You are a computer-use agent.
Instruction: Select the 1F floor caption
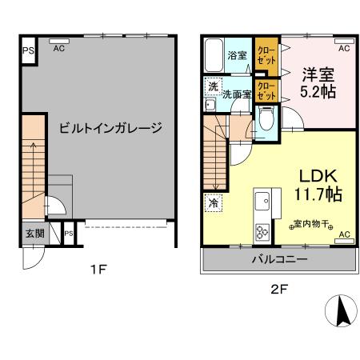click(x=97, y=270)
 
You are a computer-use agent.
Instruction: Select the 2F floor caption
click(x=278, y=289)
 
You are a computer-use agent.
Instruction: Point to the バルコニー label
click(x=277, y=260)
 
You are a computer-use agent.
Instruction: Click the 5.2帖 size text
click(x=318, y=92)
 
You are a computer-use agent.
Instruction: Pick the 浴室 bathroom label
click(x=237, y=56)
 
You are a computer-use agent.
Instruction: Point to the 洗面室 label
click(x=237, y=94)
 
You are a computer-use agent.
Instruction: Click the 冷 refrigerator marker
click(x=214, y=202)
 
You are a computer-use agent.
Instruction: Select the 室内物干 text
click(x=310, y=222)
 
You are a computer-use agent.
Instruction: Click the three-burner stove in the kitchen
click(x=262, y=233)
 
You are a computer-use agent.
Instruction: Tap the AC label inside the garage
click(x=59, y=48)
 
